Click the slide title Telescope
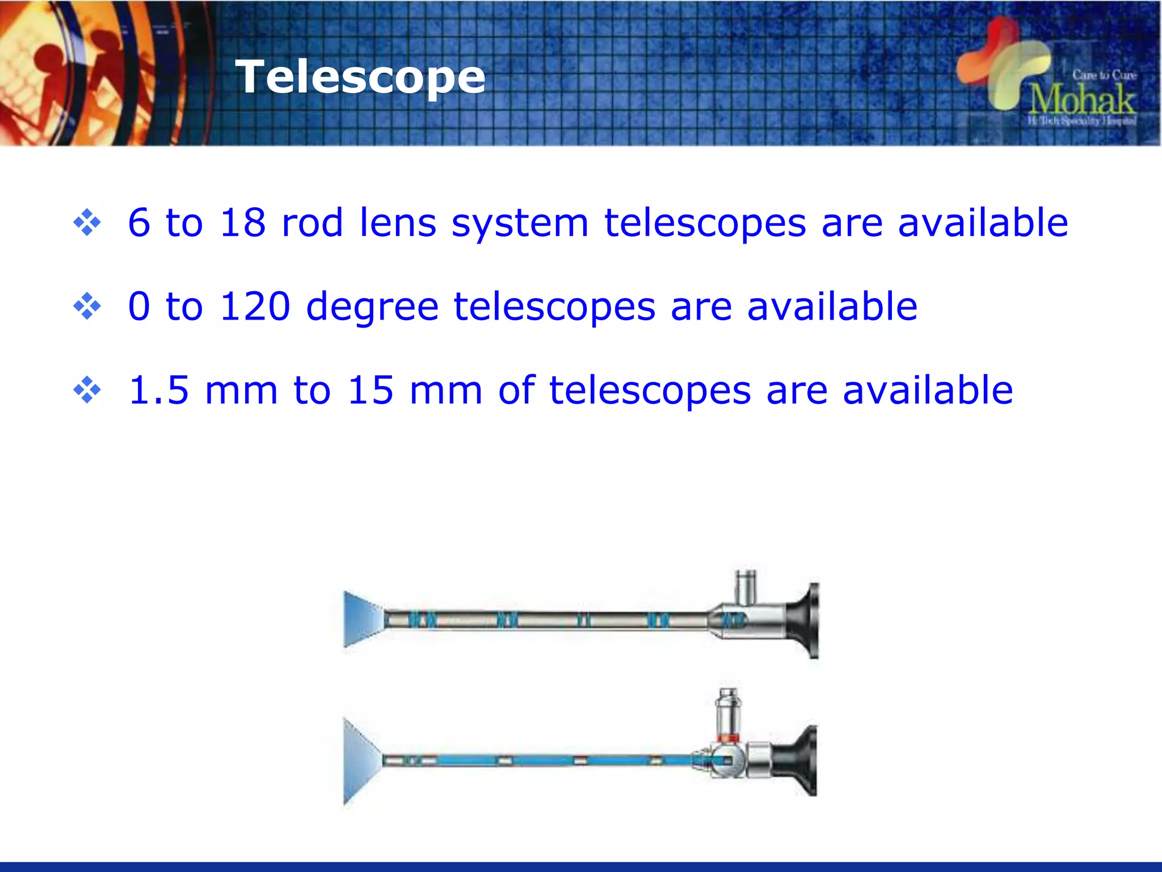(x=360, y=77)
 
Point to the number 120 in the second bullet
(x=255, y=307)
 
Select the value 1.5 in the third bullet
(x=159, y=391)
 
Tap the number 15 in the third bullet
(x=371, y=391)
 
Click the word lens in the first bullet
(x=398, y=223)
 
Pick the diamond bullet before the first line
(x=87, y=223)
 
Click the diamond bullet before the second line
(x=87, y=307)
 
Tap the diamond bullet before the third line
(x=87, y=391)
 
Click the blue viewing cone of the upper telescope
(x=361, y=619)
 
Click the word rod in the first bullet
(x=312, y=223)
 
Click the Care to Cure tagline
(x=1104, y=75)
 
